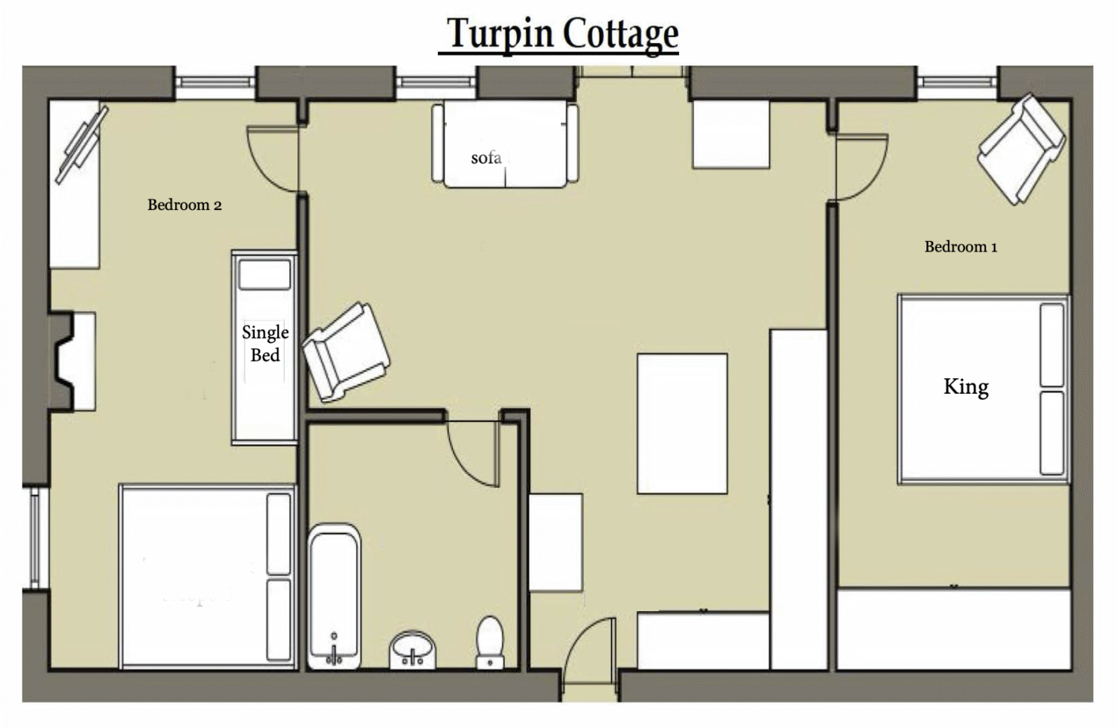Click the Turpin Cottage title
point(562,34)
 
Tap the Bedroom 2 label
point(185,205)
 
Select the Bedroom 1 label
point(961,247)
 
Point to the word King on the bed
point(966,387)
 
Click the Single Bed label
point(265,344)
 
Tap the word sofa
point(486,158)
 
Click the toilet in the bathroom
point(490,642)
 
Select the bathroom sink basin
point(413,650)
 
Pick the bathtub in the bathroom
point(334,596)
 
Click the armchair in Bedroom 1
point(1021,149)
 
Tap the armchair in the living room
point(346,351)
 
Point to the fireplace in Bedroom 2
point(72,362)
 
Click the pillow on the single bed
point(264,275)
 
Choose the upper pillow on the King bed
point(1052,345)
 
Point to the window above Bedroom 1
point(957,82)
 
